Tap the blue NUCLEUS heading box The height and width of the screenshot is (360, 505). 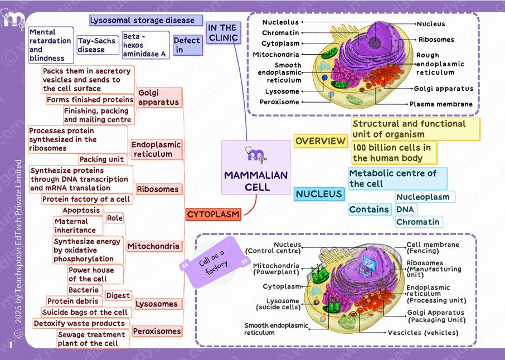[x=319, y=194]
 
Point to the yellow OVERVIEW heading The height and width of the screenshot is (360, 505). [x=321, y=141]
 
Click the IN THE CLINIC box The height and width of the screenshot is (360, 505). [x=222, y=33]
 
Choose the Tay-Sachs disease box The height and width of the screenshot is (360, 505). [x=96, y=45]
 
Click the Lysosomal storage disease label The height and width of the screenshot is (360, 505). [x=142, y=21]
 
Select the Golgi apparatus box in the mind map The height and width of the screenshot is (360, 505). [x=159, y=98]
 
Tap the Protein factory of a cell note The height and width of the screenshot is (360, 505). [x=86, y=199]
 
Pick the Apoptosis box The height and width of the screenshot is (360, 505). [x=81, y=211]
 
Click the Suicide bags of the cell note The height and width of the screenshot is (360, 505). [x=85, y=313]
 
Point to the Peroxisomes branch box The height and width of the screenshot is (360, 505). [x=157, y=331]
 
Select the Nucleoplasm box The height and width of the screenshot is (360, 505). [x=423, y=197]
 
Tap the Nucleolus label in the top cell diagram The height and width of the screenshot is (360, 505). [x=280, y=22]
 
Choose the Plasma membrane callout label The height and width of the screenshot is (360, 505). [x=441, y=104]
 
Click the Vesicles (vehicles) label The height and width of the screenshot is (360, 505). [x=423, y=333]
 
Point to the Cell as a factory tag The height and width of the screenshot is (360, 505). [x=215, y=263]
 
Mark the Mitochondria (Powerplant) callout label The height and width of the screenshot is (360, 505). [x=276, y=269]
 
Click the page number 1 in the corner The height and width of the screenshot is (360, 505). [x=11, y=346]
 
